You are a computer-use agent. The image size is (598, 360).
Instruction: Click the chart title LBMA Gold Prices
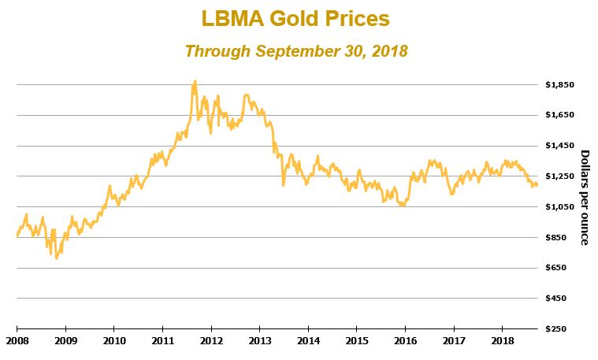click(x=295, y=18)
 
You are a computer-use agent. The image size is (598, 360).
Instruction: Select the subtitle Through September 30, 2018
click(x=295, y=51)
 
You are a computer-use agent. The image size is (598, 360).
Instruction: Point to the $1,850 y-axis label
click(x=559, y=84)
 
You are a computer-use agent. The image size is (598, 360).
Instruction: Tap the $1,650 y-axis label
click(x=559, y=115)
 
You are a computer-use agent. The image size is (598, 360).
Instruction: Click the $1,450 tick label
click(x=559, y=146)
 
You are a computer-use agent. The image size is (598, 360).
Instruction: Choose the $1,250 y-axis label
click(x=559, y=176)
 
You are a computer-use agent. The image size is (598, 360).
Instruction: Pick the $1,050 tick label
click(x=559, y=207)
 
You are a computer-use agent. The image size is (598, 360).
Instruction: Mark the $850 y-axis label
click(x=563, y=238)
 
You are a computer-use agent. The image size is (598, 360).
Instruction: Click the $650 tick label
click(x=563, y=269)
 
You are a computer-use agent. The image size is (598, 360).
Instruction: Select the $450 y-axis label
click(x=563, y=299)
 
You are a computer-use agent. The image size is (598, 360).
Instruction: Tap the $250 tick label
click(x=563, y=329)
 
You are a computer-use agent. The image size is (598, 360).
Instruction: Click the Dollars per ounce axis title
click(x=585, y=197)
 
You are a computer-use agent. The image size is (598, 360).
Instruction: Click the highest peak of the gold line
click(x=195, y=80)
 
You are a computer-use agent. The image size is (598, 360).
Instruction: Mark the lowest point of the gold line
click(x=56, y=258)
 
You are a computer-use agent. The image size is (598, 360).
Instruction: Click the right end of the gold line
click(x=538, y=185)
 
